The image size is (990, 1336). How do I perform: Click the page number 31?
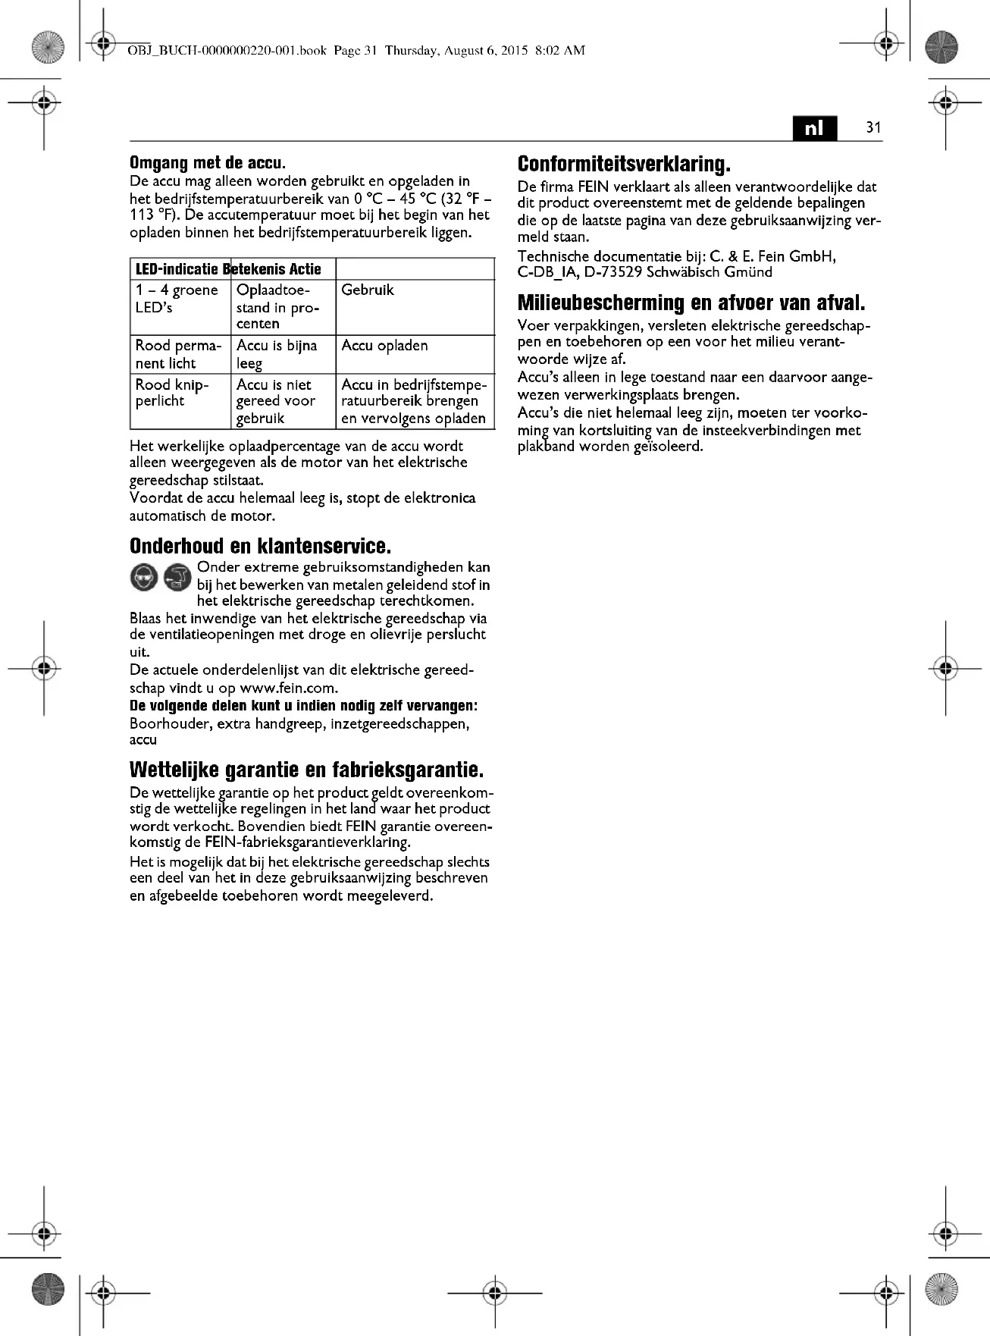pos(873,127)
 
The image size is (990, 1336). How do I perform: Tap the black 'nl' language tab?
pos(814,128)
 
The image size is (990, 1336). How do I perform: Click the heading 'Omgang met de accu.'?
pos(207,162)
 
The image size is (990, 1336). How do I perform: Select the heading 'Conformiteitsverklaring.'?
pos(623,164)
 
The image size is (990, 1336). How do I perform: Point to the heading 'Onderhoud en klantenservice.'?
pos(260,546)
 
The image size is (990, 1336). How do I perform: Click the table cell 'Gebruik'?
pos(368,290)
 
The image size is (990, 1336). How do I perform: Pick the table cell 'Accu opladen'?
pos(384,346)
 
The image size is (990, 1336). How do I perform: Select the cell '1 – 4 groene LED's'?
pos(177,299)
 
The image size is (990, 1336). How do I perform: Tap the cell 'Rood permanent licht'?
pos(178,354)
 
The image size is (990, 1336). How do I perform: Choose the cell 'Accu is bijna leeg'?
pos(276,354)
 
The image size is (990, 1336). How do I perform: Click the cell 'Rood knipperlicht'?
pos(172,393)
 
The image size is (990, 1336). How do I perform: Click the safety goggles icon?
pos(144,578)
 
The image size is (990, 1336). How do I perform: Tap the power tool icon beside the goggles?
pos(177,578)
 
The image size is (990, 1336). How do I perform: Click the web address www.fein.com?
pos(287,688)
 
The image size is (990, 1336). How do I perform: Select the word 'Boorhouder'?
pos(170,724)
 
